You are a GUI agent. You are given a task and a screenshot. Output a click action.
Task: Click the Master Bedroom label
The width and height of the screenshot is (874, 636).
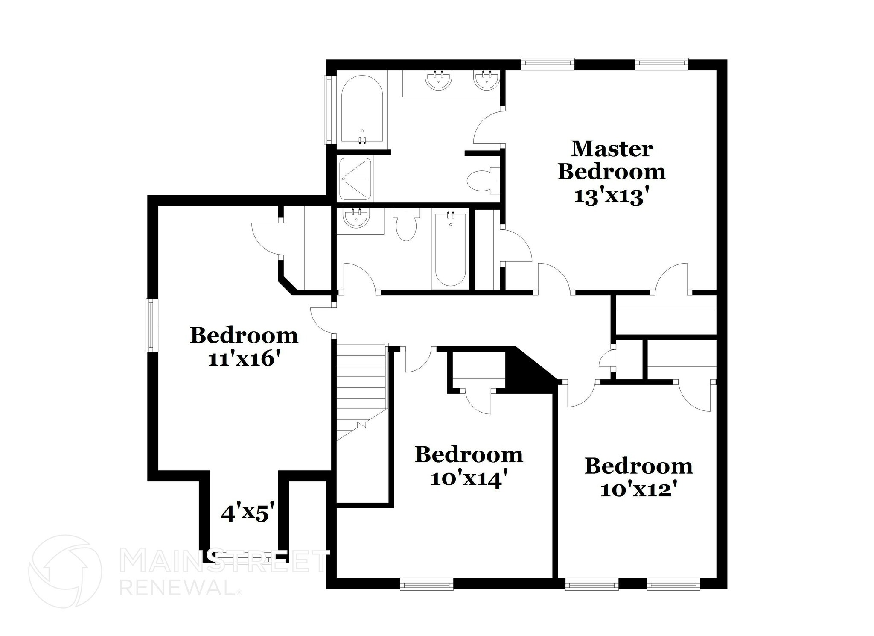611,161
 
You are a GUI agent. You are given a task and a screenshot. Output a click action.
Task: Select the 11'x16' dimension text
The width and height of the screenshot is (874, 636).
245,359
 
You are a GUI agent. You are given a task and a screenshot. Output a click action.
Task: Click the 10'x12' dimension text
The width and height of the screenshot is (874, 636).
638,489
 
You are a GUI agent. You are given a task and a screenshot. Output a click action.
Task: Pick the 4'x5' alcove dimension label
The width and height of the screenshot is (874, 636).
247,513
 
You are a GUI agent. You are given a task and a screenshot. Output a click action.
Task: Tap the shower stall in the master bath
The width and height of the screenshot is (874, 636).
355,179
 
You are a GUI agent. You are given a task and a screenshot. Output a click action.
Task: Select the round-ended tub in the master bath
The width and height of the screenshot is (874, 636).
362,110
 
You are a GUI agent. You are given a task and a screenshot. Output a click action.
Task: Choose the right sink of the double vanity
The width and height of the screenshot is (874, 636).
486,79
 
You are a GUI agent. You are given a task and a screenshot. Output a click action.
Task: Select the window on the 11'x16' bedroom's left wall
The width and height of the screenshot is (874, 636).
151,325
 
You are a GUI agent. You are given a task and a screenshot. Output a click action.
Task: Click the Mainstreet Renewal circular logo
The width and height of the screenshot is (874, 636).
65,571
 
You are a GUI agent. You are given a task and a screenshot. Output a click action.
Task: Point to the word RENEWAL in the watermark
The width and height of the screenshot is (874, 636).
178,587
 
